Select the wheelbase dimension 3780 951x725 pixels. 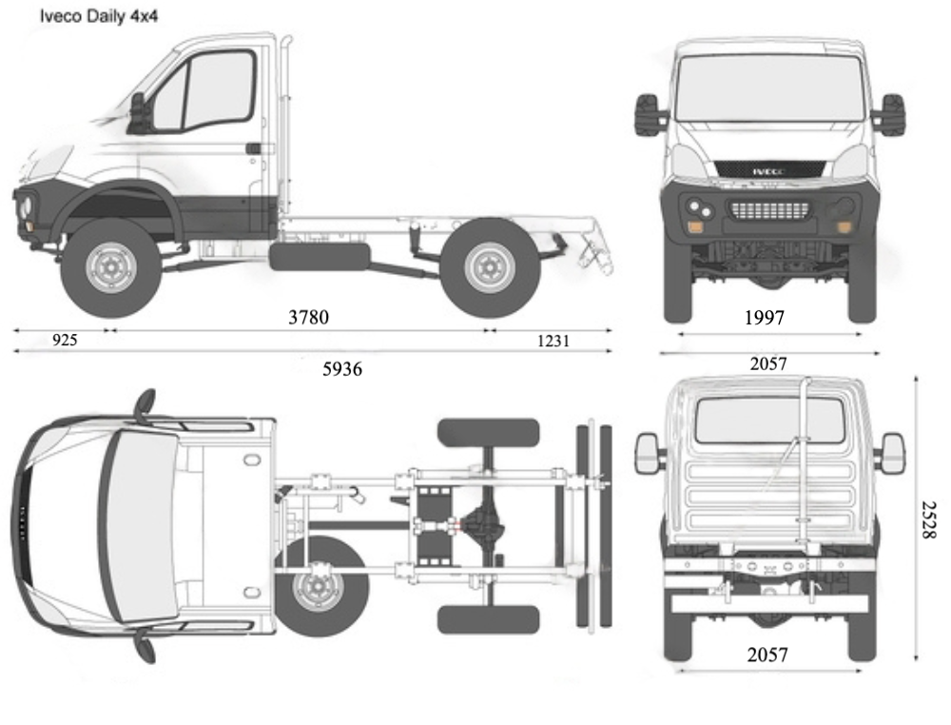[x=308, y=317]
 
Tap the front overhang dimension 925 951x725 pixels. [x=64, y=340]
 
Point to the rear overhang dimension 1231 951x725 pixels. [x=553, y=340]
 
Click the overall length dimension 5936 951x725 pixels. [x=342, y=368]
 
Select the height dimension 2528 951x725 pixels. [x=927, y=519]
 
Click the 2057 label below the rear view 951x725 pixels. [x=767, y=655]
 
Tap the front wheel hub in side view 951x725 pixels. [x=110, y=268]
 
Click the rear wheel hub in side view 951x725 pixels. [x=491, y=267]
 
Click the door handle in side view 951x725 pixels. [x=254, y=148]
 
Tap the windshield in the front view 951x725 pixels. [x=769, y=88]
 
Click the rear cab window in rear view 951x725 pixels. [x=769, y=420]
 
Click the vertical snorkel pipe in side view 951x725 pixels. [x=285, y=114]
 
